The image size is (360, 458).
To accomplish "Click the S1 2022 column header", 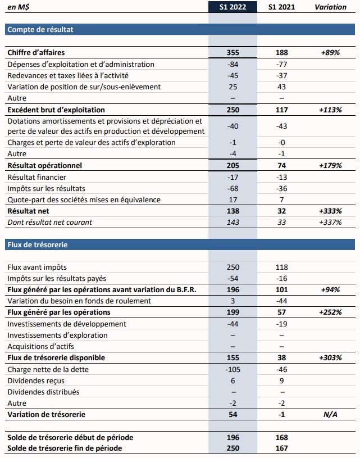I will pos(233,7).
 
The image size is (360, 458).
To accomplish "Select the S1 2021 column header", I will pos(282,7).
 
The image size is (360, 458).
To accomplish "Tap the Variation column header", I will pos(331,7).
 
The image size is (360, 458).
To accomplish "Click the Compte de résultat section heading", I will pos(40,29).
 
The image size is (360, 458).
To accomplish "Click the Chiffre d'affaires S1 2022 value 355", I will pos(233,52).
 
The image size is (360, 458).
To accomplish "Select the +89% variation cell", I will pos(331,52).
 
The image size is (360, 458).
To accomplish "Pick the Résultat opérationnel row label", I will pos(44,165).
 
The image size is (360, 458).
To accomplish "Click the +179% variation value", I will pos(331,165).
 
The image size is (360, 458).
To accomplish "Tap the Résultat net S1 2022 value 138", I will pos(233,211).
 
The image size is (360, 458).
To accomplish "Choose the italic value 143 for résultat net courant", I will pos(233,222).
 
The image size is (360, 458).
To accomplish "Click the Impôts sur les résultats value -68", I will pos(233,188).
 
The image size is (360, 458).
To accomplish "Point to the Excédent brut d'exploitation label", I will pos(56,110).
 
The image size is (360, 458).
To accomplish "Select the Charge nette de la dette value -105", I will pos(233,369).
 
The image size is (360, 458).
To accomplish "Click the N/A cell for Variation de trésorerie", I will pos(331,414).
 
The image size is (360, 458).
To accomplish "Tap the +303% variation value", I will pos(331,357).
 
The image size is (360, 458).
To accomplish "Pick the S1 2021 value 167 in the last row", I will pos(282,448).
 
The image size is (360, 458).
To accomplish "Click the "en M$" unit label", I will pos(18,7).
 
